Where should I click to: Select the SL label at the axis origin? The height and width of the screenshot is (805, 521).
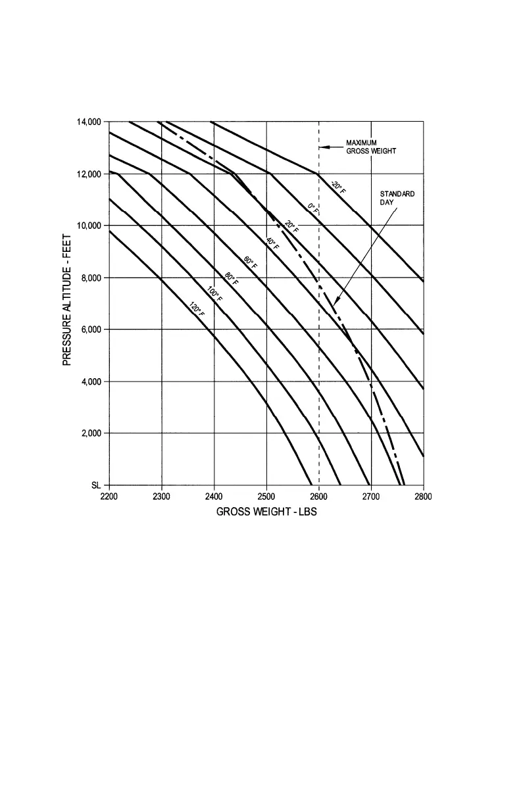point(96,485)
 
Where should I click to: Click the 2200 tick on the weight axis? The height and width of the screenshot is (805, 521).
point(109,497)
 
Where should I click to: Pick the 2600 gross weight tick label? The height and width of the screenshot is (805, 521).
point(318,497)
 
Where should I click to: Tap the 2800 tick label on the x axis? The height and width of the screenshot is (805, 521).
point(423,497)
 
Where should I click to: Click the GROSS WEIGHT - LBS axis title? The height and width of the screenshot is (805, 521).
point(266,512)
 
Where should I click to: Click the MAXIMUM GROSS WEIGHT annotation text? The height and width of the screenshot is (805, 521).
point(371,147)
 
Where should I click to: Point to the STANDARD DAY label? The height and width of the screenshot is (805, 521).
point(397,198)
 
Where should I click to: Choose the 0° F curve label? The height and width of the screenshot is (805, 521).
point(313,209)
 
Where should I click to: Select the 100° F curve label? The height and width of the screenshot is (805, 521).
point(214,295)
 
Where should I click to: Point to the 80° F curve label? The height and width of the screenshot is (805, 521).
point(232,279)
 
